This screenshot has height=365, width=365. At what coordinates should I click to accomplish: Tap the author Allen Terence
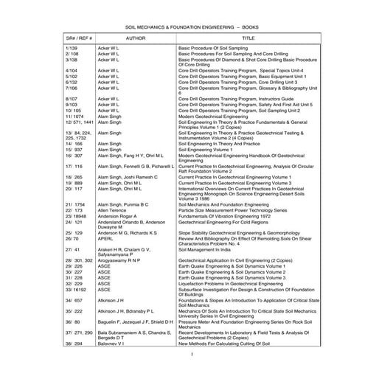coord(128,210)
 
